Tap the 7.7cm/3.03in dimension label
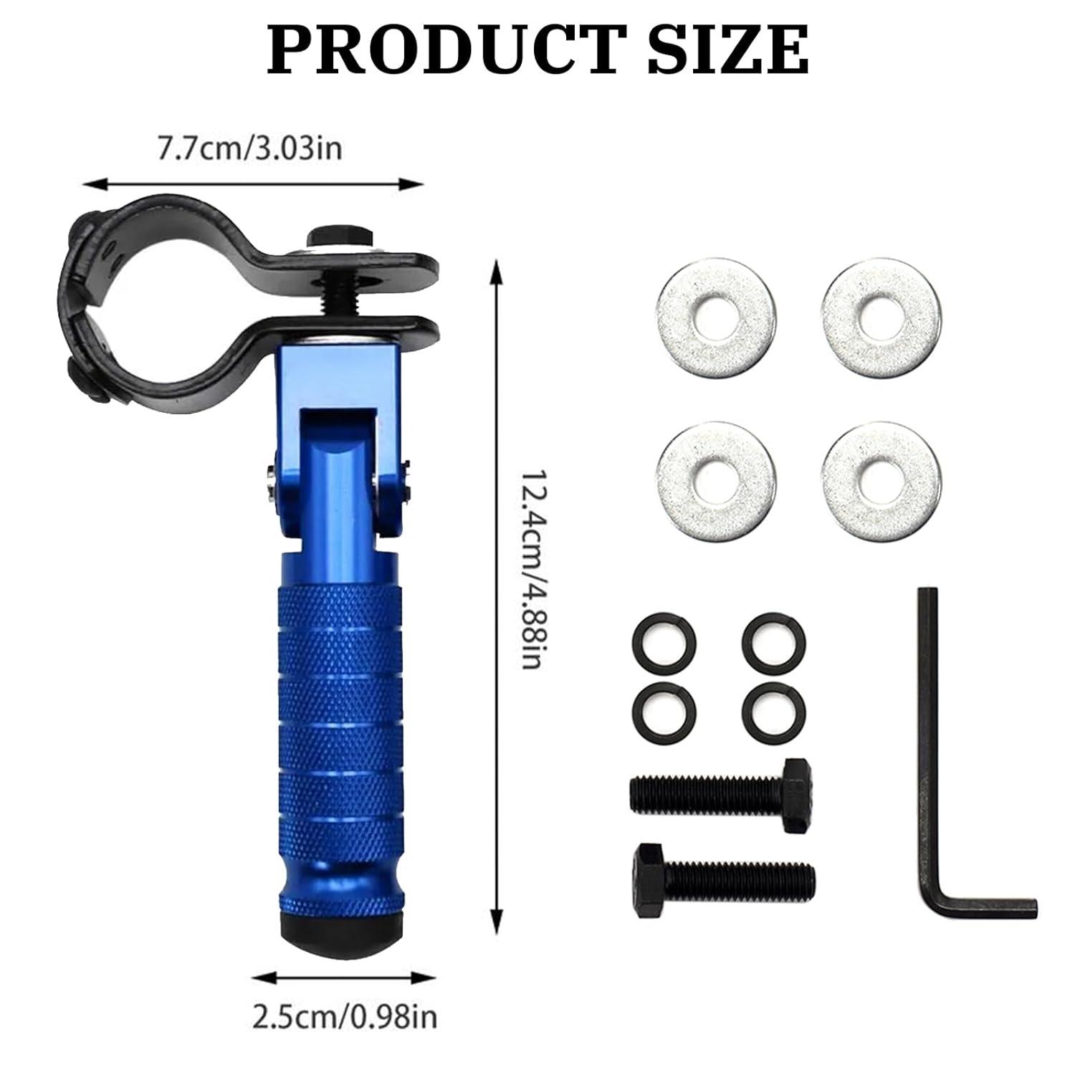tap(250, 150)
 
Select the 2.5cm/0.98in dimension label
tap(345, 1016)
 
